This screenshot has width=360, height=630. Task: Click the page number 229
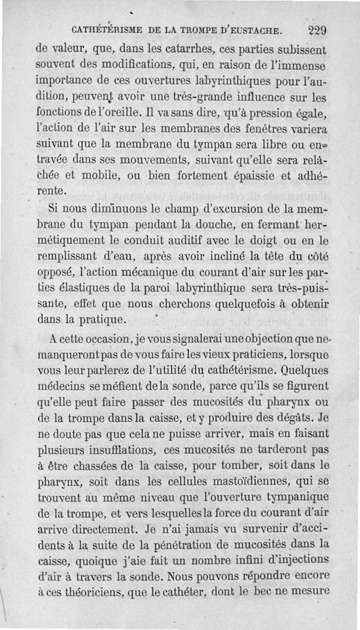click(x=317, y=31)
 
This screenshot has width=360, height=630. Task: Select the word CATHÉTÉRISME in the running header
click(x=106, y=31)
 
